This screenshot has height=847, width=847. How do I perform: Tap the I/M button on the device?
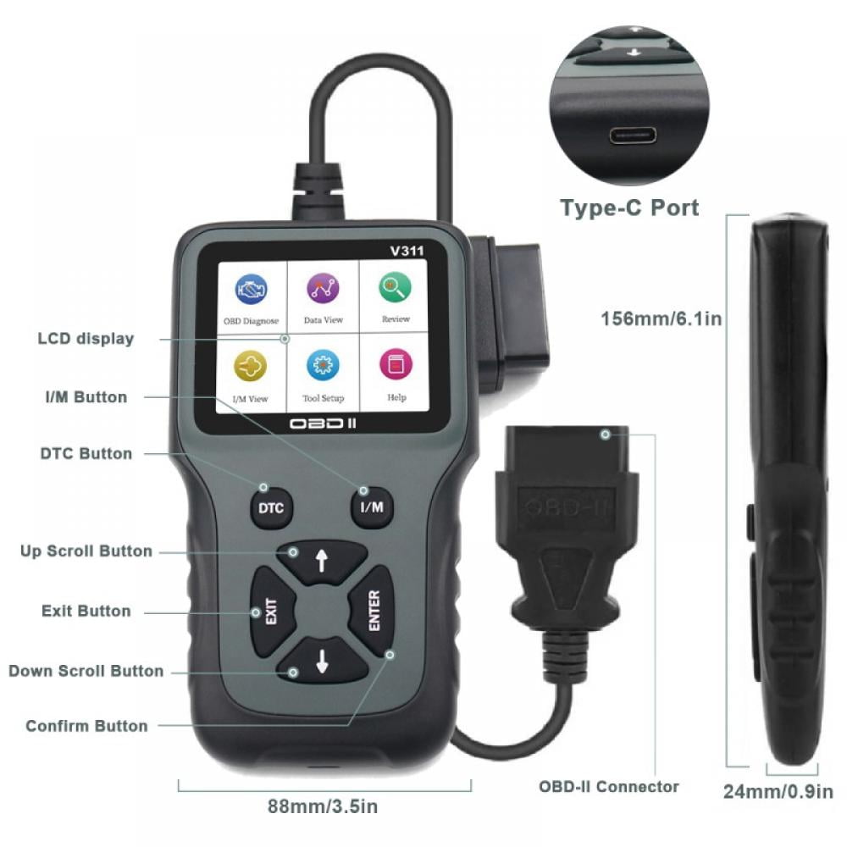pos(372,507)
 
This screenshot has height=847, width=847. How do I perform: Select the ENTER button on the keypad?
pos(374,611)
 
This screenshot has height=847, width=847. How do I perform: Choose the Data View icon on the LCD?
pos(323,289)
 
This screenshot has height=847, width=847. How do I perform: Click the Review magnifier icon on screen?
pos(395,288)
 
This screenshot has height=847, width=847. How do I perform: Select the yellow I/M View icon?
pos(250,366)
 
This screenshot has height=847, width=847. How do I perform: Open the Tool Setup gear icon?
pos(323,366)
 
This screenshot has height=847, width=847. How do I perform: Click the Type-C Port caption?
pos(629,208)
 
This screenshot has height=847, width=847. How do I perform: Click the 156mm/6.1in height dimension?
pos(661,319)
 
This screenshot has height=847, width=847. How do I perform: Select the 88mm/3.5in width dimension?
pos(323,806)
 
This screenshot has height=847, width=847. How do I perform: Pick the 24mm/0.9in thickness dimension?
pos(778,793)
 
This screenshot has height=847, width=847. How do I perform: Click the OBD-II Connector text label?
pos(609,786)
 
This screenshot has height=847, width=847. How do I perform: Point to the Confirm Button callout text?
pos(86,726)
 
